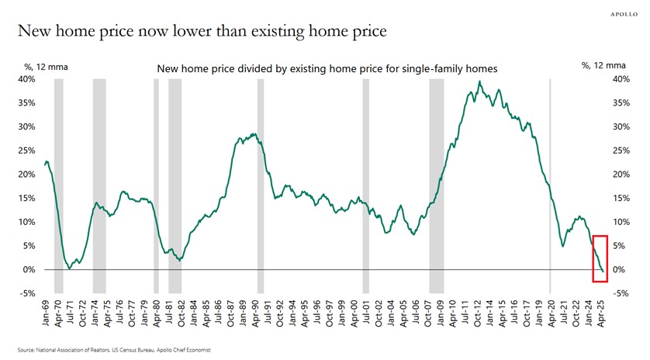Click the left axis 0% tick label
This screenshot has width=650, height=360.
point(29,269)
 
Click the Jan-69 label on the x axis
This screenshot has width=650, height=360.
point(46,313)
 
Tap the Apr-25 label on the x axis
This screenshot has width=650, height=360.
point(599,313)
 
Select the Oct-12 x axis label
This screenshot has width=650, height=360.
point(479,313)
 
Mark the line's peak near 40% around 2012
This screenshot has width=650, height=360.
point(479,81)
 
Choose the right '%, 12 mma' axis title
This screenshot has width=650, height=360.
point(603,66)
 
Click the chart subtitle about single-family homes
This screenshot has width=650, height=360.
point(327,69)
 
